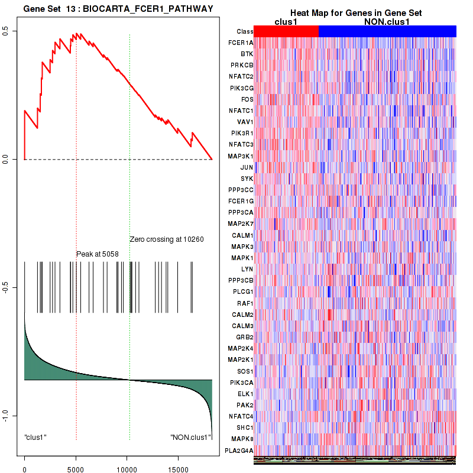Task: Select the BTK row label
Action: coord(247,54)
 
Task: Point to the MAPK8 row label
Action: coord(242,439)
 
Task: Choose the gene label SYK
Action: coord(247,179)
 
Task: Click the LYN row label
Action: coord(247,269)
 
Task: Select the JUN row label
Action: coord(247,167)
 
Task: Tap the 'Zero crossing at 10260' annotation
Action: coord(167,239)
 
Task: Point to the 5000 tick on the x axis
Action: coord(76,466)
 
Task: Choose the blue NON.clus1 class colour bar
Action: coord(387,31)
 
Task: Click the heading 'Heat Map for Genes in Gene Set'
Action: coord(355,13)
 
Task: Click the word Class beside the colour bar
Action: coord(244,31)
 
